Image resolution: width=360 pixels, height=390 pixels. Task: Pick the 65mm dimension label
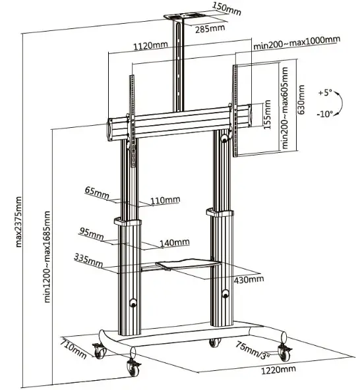96,191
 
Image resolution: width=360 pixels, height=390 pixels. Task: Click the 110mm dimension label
165,200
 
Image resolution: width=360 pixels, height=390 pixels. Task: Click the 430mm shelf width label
249,279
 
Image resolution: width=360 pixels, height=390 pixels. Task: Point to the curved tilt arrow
340,103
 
